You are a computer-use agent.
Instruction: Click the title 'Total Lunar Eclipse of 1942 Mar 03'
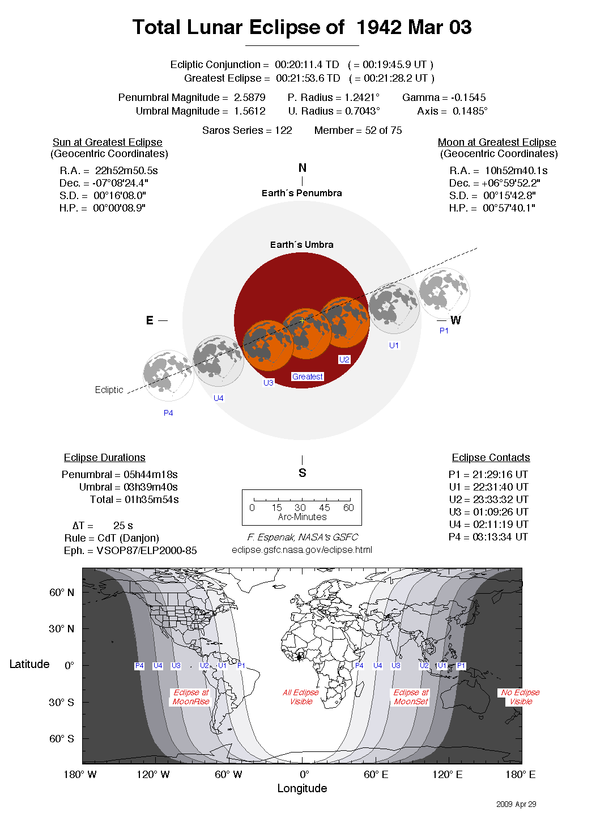point(302,27)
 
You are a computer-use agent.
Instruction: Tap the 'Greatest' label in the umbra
point(307,377)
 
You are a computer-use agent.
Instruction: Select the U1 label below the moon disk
point(394,345)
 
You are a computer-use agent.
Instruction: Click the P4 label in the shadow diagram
point(168,413)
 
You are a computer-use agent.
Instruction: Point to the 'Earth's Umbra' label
point(301,244)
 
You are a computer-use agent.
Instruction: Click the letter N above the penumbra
point(302,168)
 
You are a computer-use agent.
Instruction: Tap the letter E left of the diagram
point(150,320)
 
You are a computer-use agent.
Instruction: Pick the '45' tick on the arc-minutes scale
point(324,508)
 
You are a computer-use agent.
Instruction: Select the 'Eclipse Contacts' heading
point(491,458)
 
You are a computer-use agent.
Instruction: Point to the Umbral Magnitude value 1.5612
point(249,111)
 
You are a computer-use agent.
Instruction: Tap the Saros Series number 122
point(283,130)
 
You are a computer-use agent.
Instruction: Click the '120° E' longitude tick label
point(447,775)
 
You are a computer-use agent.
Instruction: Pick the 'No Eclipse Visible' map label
point(520,697)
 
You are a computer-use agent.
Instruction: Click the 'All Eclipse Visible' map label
point(301,697)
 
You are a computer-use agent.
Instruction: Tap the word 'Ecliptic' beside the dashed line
point(109,390)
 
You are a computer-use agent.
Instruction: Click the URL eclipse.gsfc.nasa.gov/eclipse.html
point(302,550)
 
